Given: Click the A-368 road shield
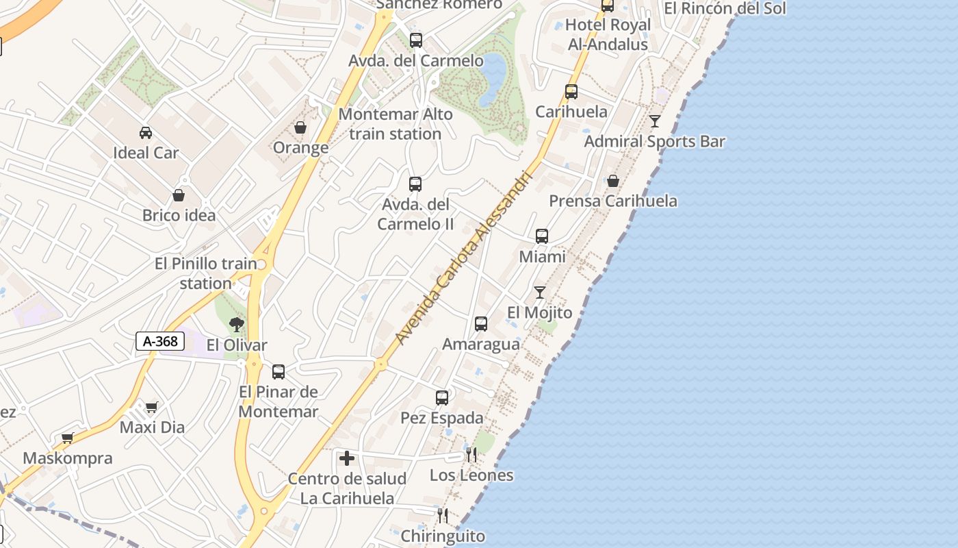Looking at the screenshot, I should click(160, 341).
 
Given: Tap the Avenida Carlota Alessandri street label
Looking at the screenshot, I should click(463, 258).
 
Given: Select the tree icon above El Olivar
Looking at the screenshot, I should click(237, 324).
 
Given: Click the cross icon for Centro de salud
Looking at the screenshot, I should click(347, 458).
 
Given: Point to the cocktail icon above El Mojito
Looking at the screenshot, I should click(540, 292).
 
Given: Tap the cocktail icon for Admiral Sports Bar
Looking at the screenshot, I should click(655, 121).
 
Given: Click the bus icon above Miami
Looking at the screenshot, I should click(542, 236).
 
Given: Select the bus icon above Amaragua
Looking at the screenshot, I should click(481, 324).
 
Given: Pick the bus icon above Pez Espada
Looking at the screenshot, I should click(442, 397).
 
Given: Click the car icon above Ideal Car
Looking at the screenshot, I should click(146, 132).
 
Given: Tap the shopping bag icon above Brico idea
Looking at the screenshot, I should click(179, 195).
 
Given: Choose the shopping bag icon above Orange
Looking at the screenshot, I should click(300, 127).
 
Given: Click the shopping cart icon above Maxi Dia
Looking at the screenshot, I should click(152, 407).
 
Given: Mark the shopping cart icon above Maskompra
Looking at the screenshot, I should click(67, 438).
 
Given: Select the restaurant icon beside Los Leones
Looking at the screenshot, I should click(471, 455).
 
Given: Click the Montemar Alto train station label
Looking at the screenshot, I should click(396, 124).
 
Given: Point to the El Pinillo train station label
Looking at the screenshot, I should click(206, 273).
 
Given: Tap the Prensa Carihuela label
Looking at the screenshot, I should click(614, 201).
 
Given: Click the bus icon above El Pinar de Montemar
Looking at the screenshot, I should click(279, 372).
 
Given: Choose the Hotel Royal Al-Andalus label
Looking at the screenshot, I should click(608, 34).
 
